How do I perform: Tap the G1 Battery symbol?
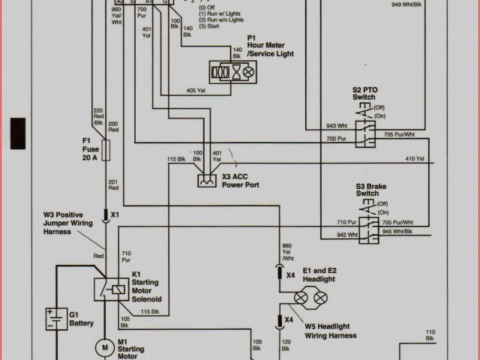point(54,320)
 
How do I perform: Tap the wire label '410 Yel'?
point(415,159)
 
